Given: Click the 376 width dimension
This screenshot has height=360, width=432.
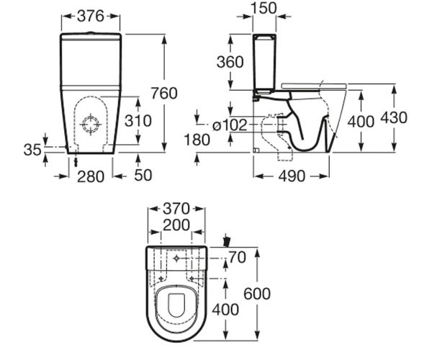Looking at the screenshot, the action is point(91,16).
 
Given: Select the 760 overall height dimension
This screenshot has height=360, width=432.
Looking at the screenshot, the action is point(164,93).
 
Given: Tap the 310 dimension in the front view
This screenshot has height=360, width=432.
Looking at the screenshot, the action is point(138,121).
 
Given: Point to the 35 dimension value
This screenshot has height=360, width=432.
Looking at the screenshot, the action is point(32,150).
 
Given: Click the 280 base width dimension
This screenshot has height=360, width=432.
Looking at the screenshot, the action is point(91,176).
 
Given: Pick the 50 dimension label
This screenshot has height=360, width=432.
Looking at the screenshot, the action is point(143,175).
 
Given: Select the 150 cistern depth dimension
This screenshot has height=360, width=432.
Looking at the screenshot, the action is point(264,8).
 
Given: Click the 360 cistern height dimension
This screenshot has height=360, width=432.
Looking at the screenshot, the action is point(230,62).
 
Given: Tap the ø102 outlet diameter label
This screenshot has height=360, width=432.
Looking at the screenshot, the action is point(230,125).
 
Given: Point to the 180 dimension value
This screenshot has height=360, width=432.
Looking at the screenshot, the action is point(197,140).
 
